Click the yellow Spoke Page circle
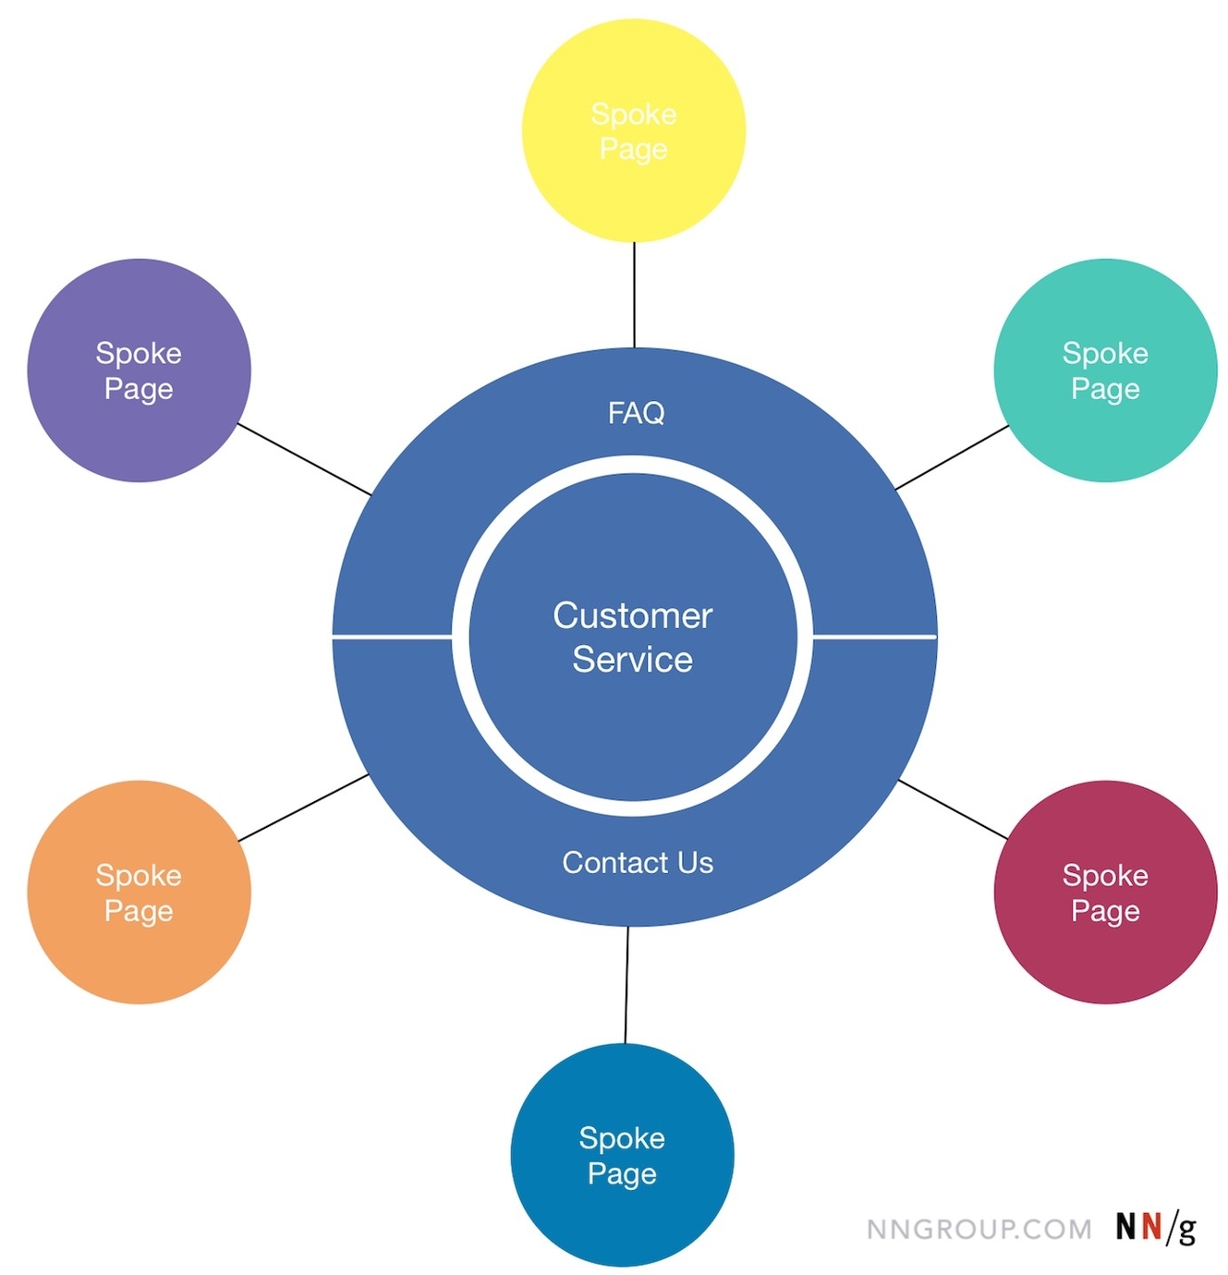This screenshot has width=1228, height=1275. pos(634,131)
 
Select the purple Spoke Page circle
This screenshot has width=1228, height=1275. pos(139,370)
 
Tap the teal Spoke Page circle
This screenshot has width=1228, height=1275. pos(1105,370)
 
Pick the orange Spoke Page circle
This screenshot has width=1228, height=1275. pos(139,892)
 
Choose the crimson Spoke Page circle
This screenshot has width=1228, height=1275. pos(1105,892)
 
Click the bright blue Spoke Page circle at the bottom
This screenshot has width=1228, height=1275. pos(622,1156)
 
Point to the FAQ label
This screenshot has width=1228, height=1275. pos(636,413)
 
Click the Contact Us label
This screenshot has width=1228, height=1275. pos(638,863)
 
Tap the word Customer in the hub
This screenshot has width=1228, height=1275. pos(633,616)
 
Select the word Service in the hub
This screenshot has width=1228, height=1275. pos(633,660)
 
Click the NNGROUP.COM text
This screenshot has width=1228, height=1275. pos(979,1230)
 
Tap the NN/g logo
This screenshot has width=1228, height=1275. pos(1155,1228)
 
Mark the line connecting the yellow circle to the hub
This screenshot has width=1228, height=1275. pos(634,295)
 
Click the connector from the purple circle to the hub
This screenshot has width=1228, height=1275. pos(304,459)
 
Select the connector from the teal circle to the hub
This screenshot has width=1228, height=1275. pos(952,457)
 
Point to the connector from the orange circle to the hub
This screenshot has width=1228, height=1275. pos(303,808)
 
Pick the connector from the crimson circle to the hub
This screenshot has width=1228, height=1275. pos(953,810)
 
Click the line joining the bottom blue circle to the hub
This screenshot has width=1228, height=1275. pos(626,985)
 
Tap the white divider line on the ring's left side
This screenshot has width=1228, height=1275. pos(392,637)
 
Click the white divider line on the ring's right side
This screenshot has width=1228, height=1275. pos(874,637)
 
